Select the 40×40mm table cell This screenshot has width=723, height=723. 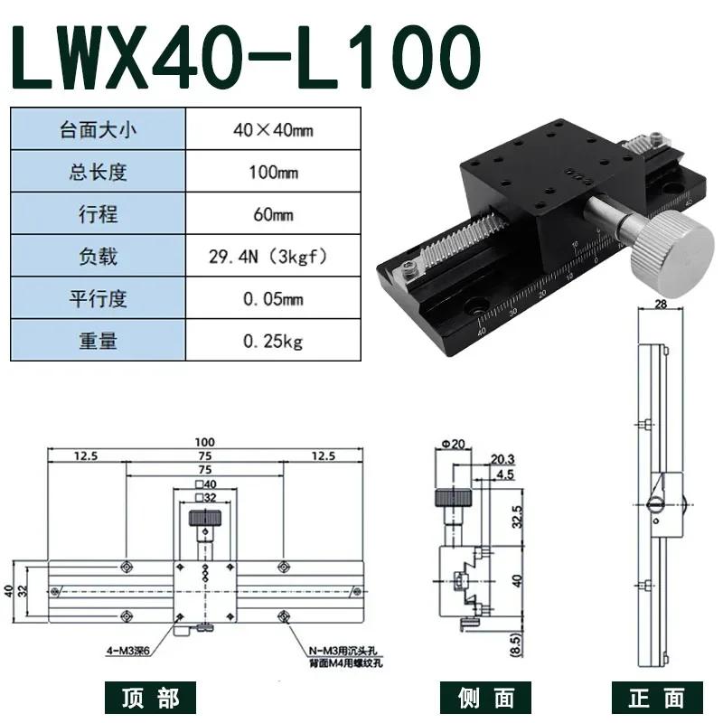tap(274, 128)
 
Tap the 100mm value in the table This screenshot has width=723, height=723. tap(274, 172)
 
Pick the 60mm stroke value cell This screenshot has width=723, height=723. tap(274, 214)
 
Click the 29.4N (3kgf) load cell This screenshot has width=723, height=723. tap(274, 257)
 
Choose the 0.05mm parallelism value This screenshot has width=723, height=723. tap(274, 299)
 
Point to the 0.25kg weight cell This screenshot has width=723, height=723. tap(274, 342)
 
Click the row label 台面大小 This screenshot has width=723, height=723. tap(98, 128)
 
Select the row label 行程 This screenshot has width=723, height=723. tap(98, 214)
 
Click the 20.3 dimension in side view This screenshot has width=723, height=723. tap(504, 459)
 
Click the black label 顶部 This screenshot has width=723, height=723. tap(150, 697)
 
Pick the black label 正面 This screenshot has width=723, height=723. tap(658, 697)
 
